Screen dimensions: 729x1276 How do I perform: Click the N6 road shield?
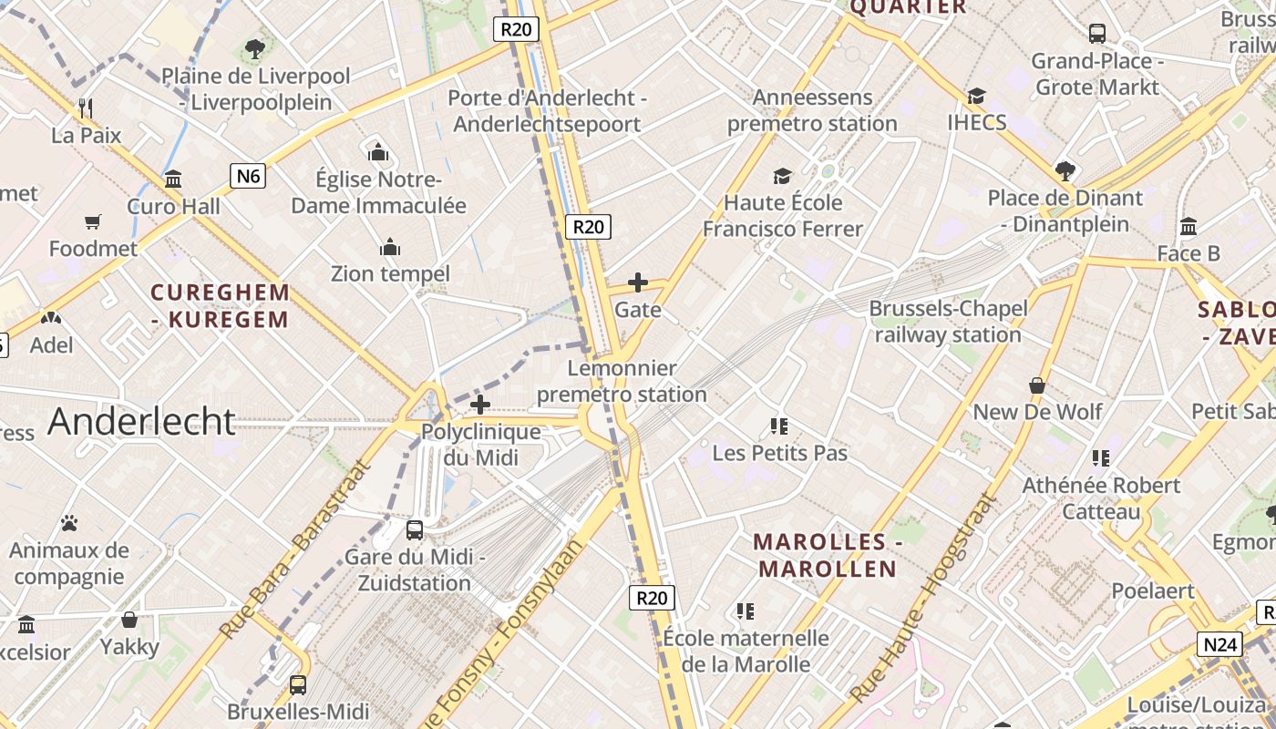(248, 175)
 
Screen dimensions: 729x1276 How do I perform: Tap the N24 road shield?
(1219, 645)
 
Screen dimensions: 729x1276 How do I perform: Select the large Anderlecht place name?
(141, 421)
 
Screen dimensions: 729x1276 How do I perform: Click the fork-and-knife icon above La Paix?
(86, 108)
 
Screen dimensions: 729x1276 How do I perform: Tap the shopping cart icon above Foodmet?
(93, 221)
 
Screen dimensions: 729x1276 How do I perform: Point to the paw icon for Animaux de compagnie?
(69, 523)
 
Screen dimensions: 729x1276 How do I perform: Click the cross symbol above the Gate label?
(638, 282)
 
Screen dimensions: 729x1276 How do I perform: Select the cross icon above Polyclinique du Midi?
(480, 405)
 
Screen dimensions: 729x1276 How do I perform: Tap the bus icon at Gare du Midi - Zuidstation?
(415, 529)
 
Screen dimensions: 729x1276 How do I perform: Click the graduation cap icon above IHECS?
(976, 96)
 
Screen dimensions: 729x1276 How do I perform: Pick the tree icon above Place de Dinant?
(1065, 170)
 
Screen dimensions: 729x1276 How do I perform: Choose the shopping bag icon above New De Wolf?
(1037, 385)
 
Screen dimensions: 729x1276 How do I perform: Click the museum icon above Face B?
(1189, 226)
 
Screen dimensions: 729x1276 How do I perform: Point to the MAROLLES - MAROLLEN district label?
(827, 556)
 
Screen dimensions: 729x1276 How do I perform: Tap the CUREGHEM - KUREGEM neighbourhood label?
(220, 306)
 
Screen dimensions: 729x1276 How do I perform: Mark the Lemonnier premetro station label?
(622, 381)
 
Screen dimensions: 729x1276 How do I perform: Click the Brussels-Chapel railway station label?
(948, 322)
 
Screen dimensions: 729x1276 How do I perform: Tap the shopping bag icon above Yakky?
(129, 620)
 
